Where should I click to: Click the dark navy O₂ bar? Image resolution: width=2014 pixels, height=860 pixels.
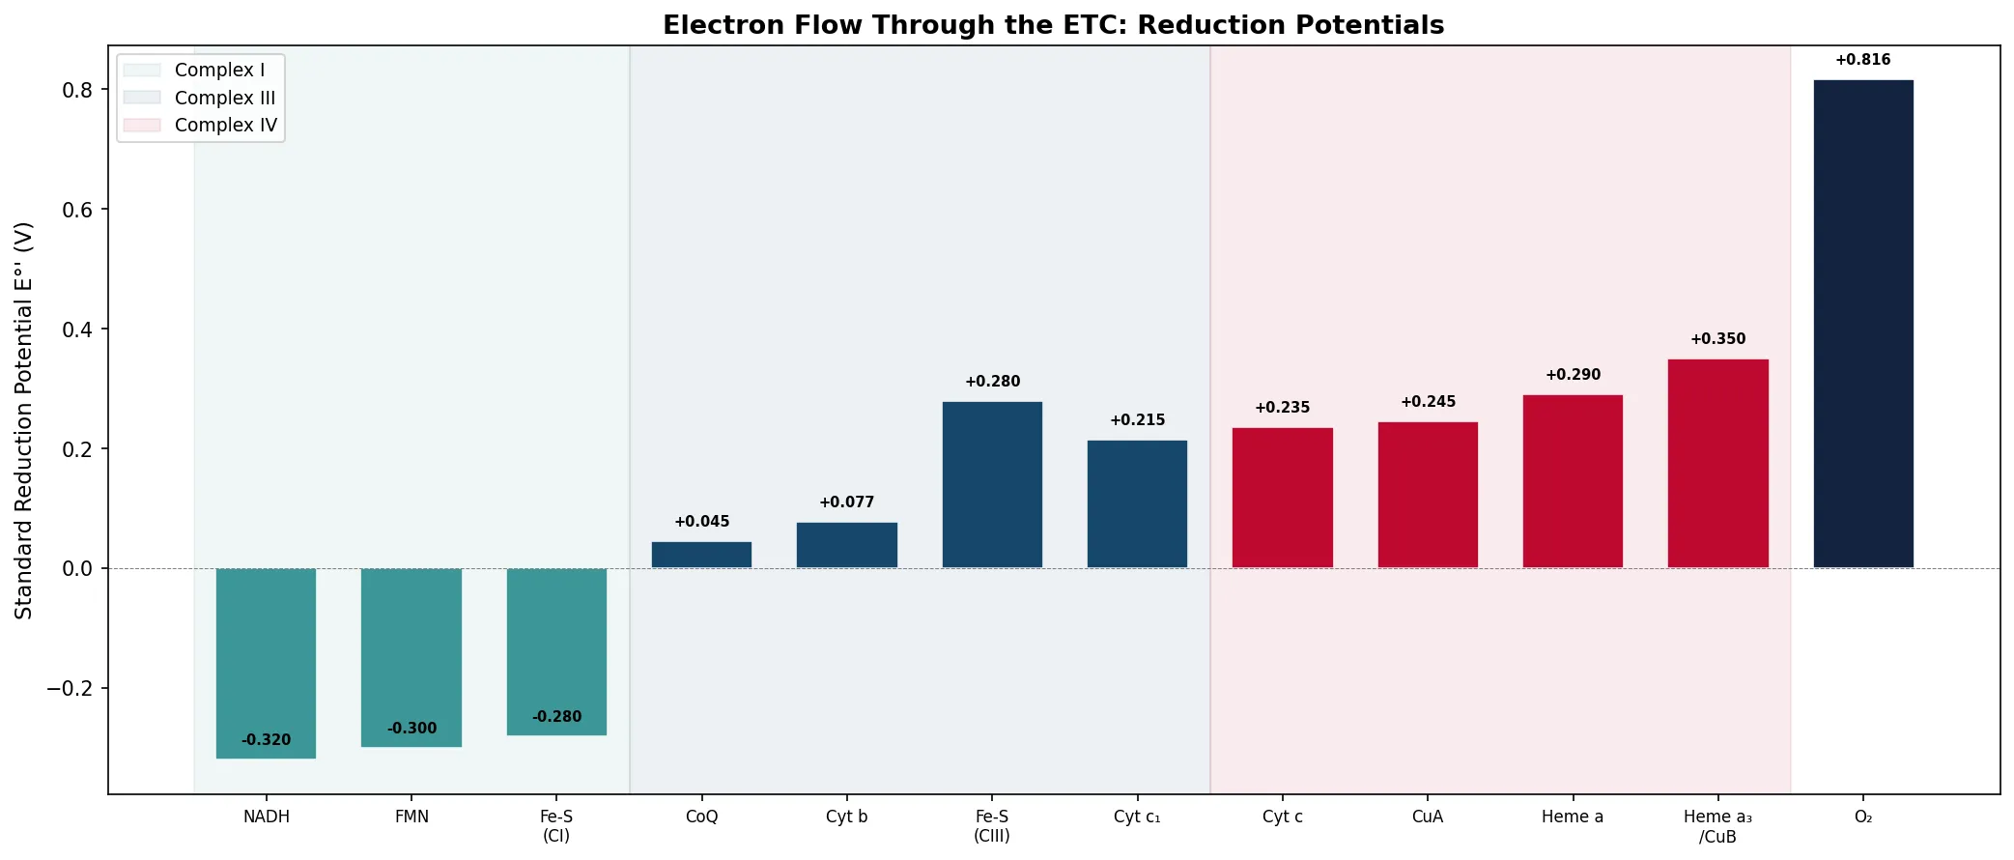[x=1862, y=324]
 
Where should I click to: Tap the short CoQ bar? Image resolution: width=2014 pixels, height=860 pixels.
[x=701, y=555]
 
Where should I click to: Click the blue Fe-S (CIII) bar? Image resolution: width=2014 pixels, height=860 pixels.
[x=992, y=484]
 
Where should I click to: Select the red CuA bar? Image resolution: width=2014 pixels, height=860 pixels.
[x=1428, y=495]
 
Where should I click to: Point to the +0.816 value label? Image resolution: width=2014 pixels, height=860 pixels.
[x=1862, y=60]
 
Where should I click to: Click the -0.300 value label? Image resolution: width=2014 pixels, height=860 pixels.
[x=411, y=729]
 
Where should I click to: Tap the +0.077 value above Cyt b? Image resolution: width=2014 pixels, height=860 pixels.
[x=846, y=502]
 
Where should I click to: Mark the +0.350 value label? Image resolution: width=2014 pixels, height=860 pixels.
[x=1717, y=339]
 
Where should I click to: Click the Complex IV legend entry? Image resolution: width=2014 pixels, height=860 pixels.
[x=225, y=126]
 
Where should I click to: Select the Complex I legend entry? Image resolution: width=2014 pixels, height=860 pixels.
[x=219, y=71]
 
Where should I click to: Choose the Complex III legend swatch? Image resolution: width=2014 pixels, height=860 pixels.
[x=142, y=98]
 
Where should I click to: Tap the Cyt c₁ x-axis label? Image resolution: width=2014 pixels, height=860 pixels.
[x=1137, y=817]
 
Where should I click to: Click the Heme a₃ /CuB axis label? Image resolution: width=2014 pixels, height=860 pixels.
[x=1717, y=827]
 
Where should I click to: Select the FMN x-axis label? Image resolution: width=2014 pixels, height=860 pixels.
[x=411, y=817]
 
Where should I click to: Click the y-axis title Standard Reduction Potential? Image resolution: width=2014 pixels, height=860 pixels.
[x=24, y=420]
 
